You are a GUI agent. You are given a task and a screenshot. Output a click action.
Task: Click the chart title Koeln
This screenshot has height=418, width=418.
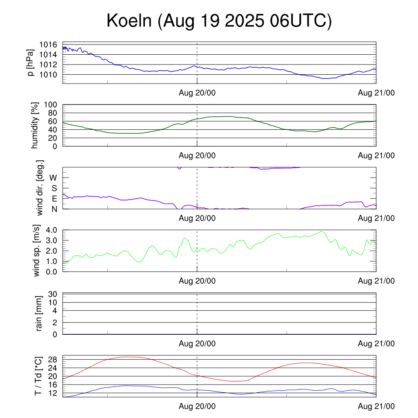(219, 21)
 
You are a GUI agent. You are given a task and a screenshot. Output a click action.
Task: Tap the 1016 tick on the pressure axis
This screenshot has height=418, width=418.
(49, 44)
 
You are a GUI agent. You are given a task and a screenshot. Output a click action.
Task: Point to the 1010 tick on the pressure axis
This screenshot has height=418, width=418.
(49, 75)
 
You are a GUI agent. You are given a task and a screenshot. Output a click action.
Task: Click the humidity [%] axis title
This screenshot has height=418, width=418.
(35, 125)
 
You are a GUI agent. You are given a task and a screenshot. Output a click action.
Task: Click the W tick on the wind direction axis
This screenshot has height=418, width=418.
(53, 178)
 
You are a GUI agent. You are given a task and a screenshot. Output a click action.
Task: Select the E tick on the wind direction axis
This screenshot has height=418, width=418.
(54, 199)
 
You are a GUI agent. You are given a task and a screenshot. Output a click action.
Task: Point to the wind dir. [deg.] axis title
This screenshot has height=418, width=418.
(40, 188)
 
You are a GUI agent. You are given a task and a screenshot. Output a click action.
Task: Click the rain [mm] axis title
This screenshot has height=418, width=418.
(40, 313)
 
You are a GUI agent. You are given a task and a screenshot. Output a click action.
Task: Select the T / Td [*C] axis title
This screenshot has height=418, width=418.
(38, 376)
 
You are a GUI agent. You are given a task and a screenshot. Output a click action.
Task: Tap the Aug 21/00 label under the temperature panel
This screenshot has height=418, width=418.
(376, 407)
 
